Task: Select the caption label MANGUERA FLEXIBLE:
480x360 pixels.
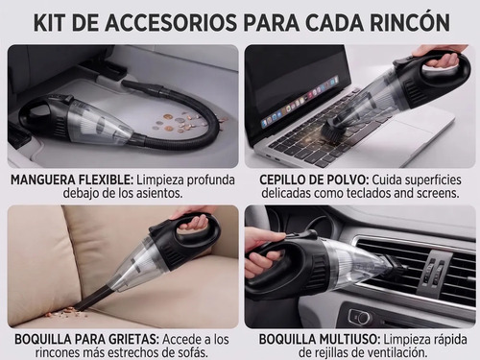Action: [72, 180]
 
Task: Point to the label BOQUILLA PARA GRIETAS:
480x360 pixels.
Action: [86, 339]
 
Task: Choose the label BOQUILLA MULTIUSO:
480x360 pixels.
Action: [320, 339]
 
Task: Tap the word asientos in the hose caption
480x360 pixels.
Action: [159, 193]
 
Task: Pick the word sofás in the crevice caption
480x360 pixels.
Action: [190, 352]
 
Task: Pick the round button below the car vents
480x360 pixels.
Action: [361, 317]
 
